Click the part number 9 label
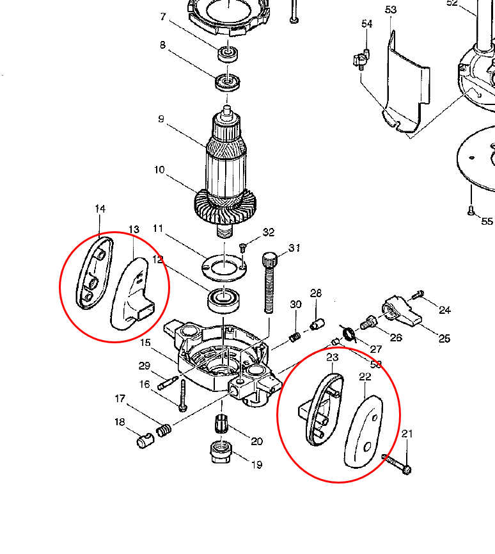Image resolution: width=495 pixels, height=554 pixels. point(161,119)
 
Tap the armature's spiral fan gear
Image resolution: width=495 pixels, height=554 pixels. point(227,207)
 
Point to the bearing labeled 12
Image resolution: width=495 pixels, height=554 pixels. point(223,298)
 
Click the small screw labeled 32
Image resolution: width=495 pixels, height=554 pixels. point(244,247)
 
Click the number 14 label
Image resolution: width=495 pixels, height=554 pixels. point(100,209)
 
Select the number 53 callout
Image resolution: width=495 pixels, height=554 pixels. point(391,10)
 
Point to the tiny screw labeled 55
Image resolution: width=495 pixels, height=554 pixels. point(470,210)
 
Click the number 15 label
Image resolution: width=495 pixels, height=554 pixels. point(145,343)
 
